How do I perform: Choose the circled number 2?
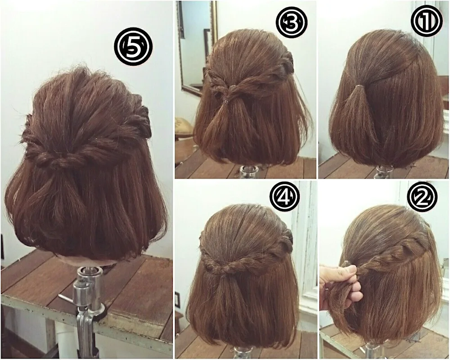click(422, 197)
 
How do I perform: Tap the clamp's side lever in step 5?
click(67, 299)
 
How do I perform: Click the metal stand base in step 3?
click(248, 172)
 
